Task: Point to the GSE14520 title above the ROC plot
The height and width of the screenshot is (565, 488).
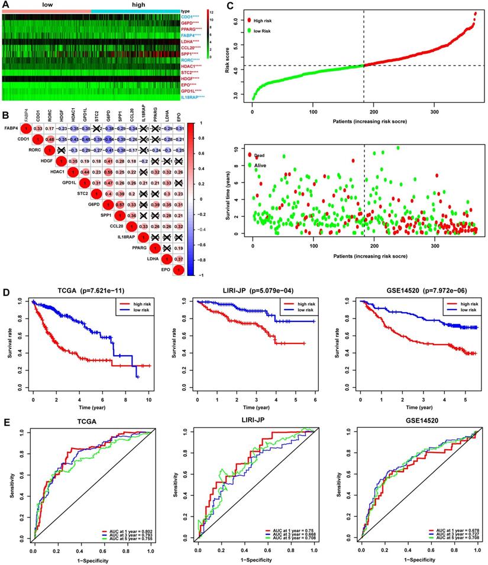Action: click(409, 422)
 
